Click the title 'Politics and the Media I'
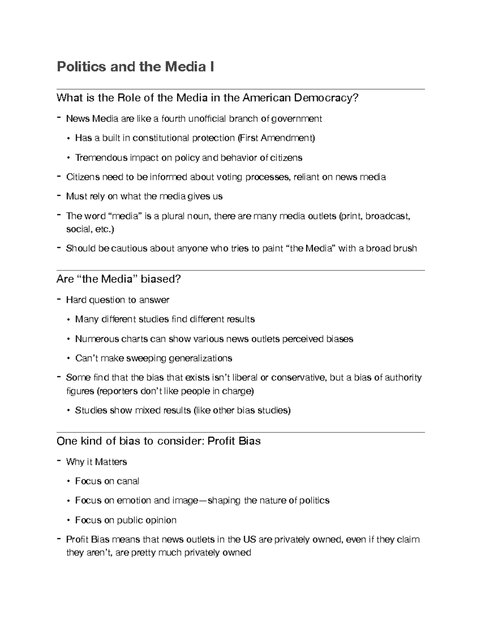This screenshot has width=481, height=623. click(135, 67)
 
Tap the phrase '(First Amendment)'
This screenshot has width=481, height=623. click(276, 138)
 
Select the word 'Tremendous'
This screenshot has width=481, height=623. click(101, 158)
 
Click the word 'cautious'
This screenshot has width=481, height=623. click(129, 248)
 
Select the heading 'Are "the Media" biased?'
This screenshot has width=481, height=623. click(119, 279)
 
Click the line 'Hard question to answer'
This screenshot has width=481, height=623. click(117, 300)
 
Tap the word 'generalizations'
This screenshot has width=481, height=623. click(200, 358)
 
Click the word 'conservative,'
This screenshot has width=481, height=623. click(299, 377)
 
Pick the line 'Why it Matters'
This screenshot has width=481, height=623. click(96, 462)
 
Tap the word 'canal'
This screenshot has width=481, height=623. click(128, 481)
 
